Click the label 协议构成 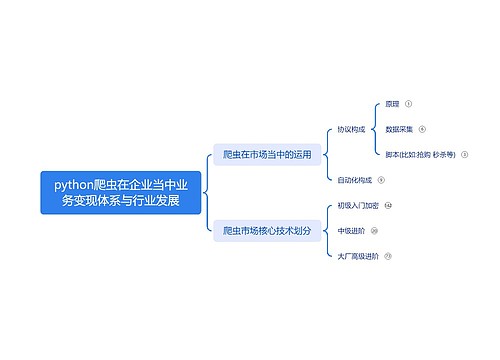click(353, 129)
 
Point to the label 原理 click(392, 103)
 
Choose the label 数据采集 click(399, 129)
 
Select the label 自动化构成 click(355, 180)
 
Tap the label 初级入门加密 click(358, 205)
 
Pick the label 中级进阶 click(351, 230)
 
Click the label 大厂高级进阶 click(357, 256)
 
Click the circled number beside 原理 click(409, 103)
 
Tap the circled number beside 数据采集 click(422, 129)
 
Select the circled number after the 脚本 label click(465, 155)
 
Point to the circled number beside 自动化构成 click(381, 180)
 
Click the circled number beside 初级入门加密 click(388, 205)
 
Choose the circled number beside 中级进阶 click(374, 230)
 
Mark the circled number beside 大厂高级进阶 click(387, 256)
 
